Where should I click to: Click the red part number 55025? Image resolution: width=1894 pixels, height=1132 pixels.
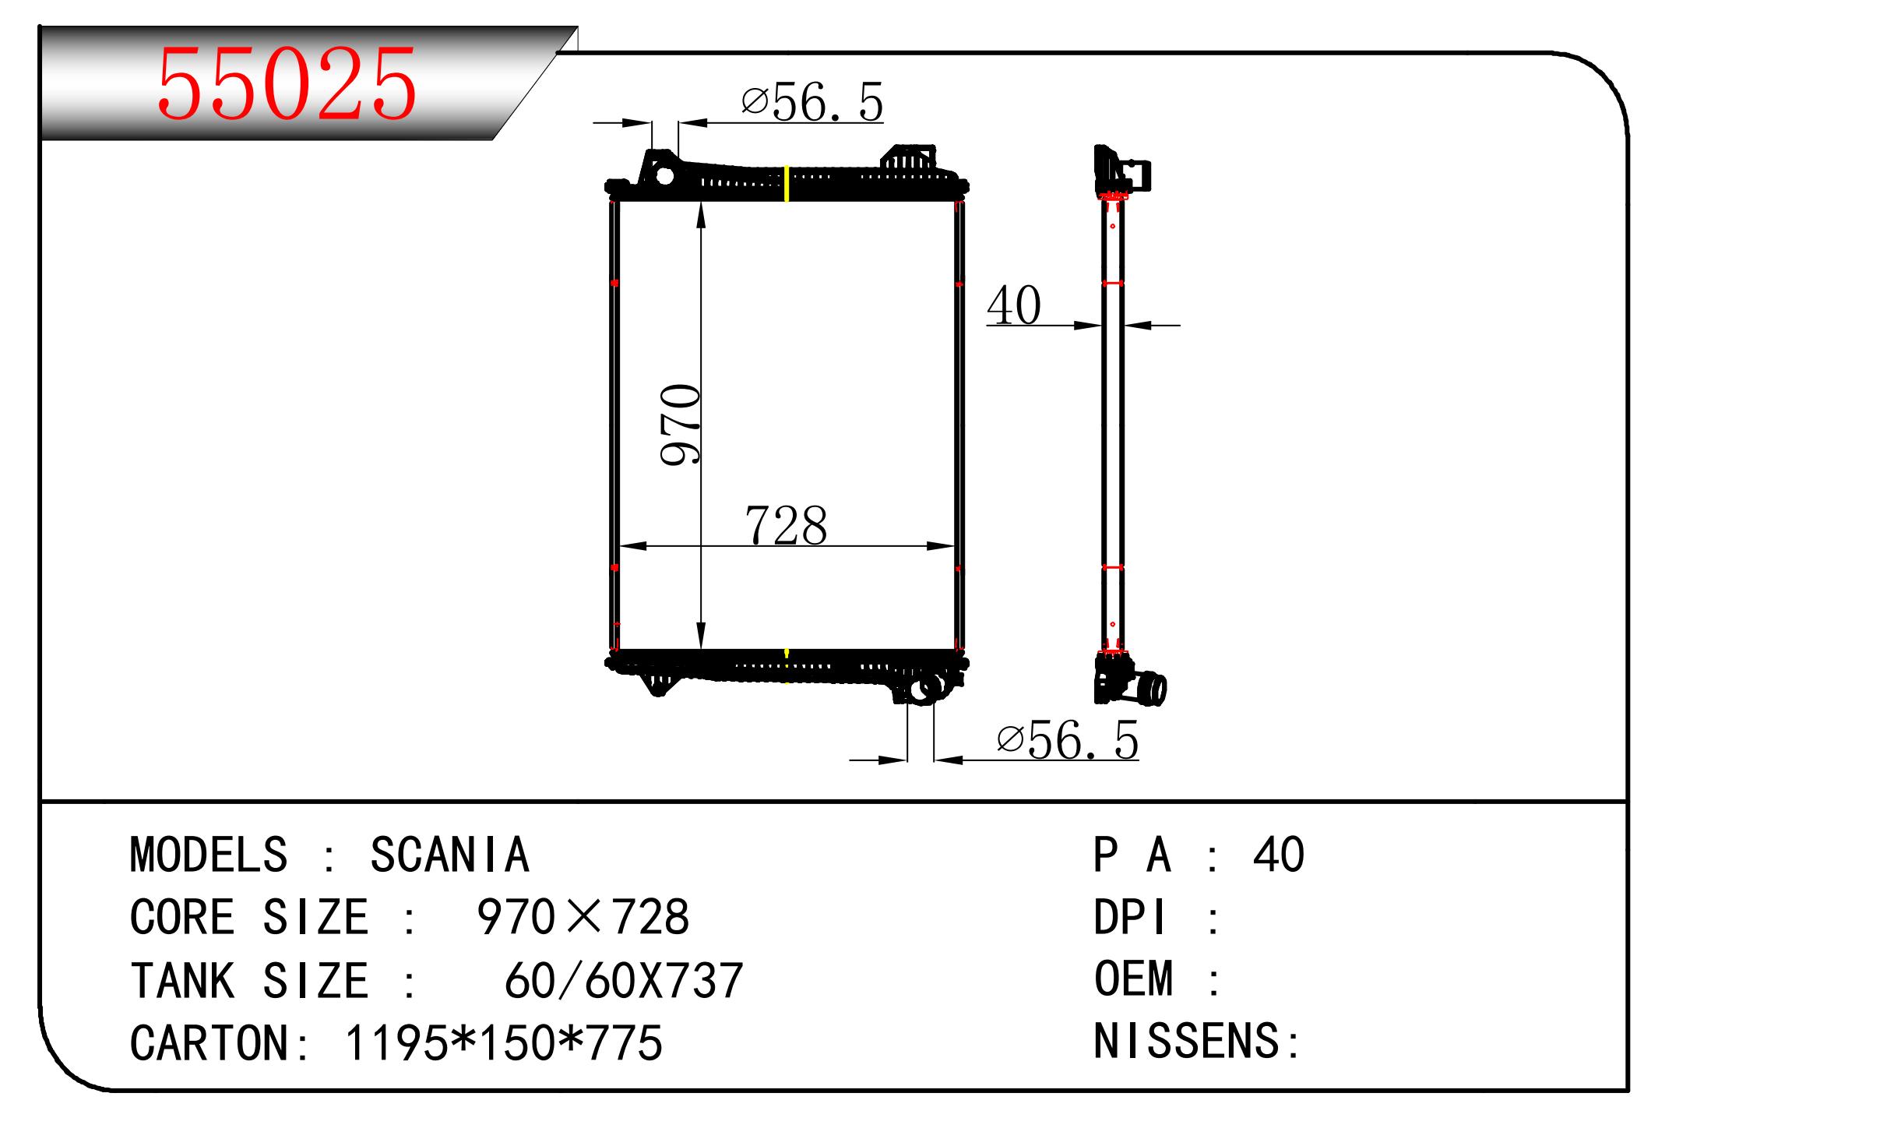click(x=287, y=84)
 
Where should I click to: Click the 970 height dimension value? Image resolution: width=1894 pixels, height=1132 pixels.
click(x=681, y=425)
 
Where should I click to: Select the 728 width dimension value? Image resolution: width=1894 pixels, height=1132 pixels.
click(x=786, y=526)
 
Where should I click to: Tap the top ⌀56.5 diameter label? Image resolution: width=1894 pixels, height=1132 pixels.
click(x=812, y=102)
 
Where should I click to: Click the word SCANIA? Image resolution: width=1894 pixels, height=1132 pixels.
click(x=449, y=855)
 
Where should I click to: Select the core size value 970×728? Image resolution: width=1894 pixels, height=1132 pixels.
click(x=583, y=917)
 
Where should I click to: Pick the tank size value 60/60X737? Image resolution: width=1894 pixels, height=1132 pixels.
click(x=624, y=980)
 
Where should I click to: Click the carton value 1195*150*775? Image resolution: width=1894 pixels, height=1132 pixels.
click(x=503, y=1042)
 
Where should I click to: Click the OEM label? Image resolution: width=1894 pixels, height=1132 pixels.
click(x=1133, y=979)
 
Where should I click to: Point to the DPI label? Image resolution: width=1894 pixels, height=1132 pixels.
click(x=1130, y=917)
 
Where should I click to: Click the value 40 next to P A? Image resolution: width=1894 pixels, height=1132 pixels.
click(x=1278, y=855)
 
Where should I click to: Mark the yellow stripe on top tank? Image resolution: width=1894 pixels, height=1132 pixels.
click(x=787, y=184)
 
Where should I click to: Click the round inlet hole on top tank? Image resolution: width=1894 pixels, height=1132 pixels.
click(x=664, y=175)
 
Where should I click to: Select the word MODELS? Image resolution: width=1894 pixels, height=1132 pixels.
click(x=209, y=855)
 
